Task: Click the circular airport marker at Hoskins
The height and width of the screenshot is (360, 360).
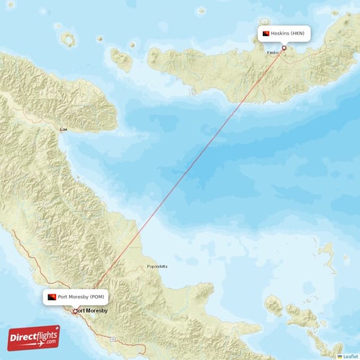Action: pyautogui.click(x=284, y=48)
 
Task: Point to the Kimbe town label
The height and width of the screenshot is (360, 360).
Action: pyautogui.click(x=273, y=53)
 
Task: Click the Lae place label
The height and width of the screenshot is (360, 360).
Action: pyautogui.click(x=64, y=129)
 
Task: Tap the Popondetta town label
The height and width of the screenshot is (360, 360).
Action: pyautogui.click(x=157, y=266)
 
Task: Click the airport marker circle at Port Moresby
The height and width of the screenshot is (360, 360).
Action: pyautogui.click(x=74, y=311)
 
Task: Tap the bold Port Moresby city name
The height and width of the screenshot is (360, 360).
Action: pyautogui.click(x=92, y=310)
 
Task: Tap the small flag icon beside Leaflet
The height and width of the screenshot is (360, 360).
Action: pyautogui.click(x=340, y=356)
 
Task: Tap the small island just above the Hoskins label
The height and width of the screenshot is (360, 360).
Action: pyautogui.click(x=285, y=19)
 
